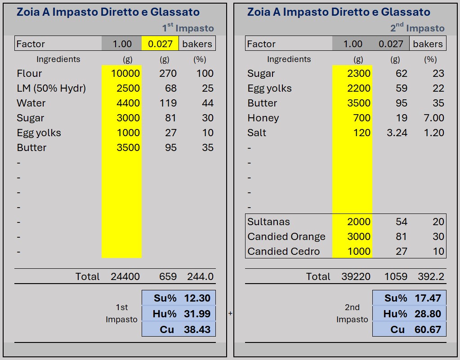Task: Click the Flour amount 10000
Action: pyautogui.click(x=125, y=73)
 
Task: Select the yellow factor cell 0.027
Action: pyautogui.click(x=160, y=44)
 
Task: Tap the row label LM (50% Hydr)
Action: pyautogui.click(x=51, y=88)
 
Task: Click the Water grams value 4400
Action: pyautogui.click(x=128, y=103)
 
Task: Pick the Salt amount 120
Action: pyautogui.click(x=362, y=133)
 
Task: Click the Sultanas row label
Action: pyautogui.click(x=268, y=222)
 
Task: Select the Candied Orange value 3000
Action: pyautogui.click(x=359, y=236)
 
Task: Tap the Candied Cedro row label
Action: pyautogui.click(x=283, y=251)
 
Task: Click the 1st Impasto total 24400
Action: pyautogui.click(x=125, y=276)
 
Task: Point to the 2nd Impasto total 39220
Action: pyautogui.click(x=356, y=276)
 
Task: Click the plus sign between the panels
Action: pyautogui.click(x=230, y=313)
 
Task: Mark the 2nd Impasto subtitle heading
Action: pyautogui.click(x=417, y=28)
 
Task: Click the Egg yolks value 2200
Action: pyautogui.click(x=359, y=88)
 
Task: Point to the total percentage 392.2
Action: pyautogui.click(x=431, y=276)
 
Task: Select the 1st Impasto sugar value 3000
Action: pyautogui.click(x=128, y=118)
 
